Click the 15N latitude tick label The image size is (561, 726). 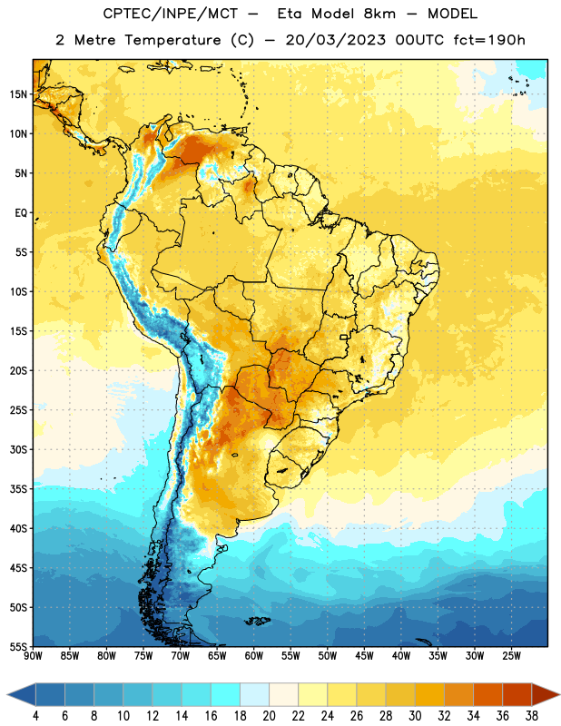coord(18,94)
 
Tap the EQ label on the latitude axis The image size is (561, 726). coord(21,213)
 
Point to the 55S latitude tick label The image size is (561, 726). coord(18,646)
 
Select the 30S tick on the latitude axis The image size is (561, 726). coord(18,449)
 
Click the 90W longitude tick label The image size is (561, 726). coord(33,655)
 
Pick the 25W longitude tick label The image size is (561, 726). coord(511,655)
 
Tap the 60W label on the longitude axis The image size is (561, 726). coord(254,655)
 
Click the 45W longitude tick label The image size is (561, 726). coord(364,655)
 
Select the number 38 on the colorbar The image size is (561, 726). coord(532,716)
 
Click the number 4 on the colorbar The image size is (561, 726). coord(35,716)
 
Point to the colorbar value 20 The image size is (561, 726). coord(269,716)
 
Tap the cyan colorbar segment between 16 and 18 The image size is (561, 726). coord(226,694)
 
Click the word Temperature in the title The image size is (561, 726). coord(172,40)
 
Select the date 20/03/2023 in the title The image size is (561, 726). coord(335,40)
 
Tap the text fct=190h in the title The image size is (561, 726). coord(489,40)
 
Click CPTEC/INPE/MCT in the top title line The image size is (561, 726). coord(171,14)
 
